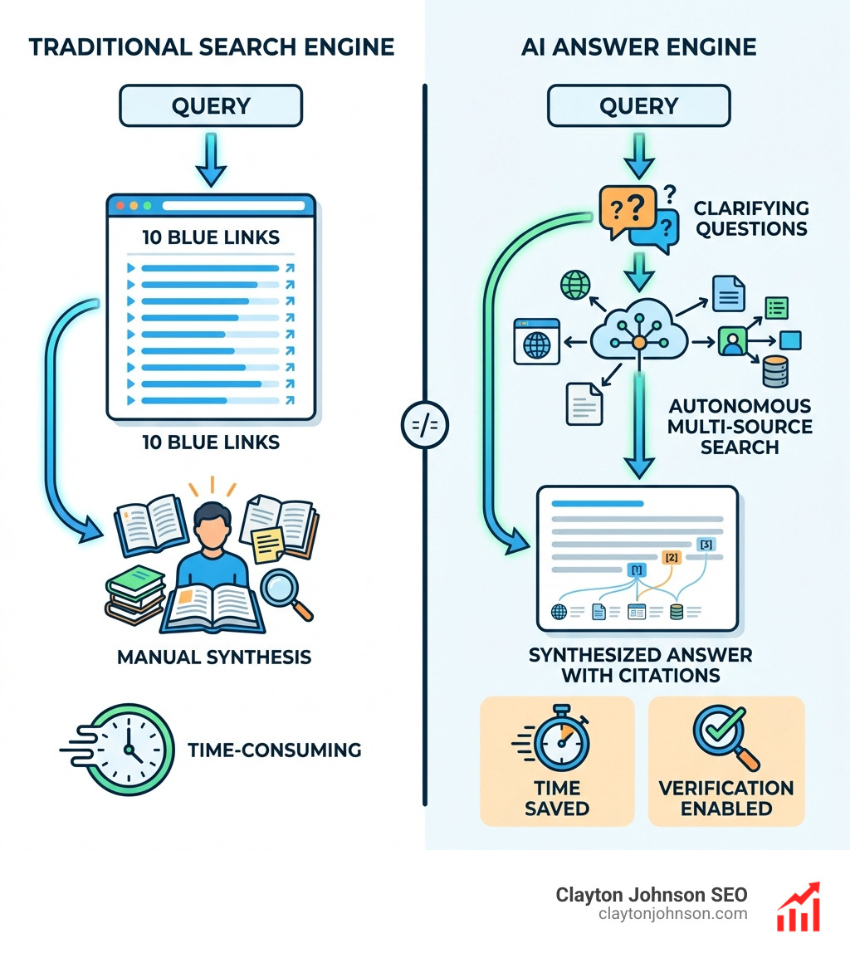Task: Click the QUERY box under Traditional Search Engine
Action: click(x=211, y=105)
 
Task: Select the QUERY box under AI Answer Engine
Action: click(x=638, y=105)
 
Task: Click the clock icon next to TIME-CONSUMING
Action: click(x=130, y=749)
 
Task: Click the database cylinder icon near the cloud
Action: click(x=775, y=372)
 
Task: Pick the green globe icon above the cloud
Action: click(x=574, y=285)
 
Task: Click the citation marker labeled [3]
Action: click(x=706, y=544)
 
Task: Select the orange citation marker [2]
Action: click(x=672, y=557)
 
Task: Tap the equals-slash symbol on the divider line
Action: click(x=424, y=425)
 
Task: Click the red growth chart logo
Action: click(x=798, y=907)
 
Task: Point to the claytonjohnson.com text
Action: click(x=672, y=914)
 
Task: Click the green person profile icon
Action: click(x=732, y=340)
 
